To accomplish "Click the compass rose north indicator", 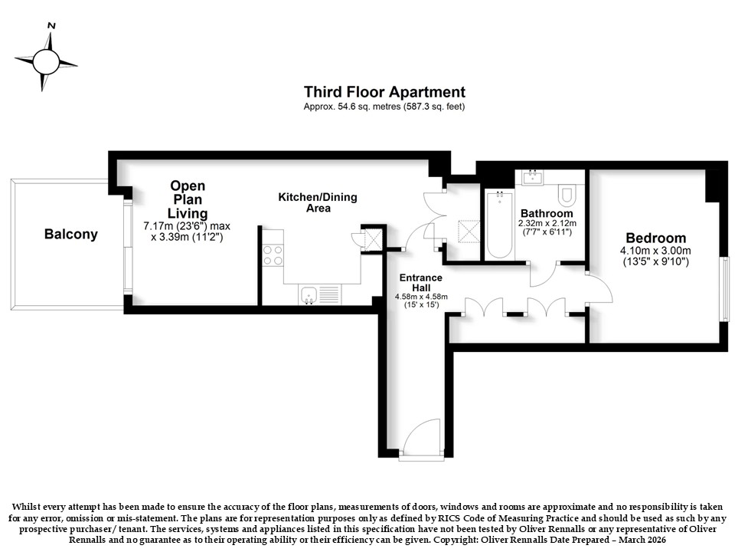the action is click(x=51, y=26).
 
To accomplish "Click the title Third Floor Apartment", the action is click(x=384, y=92).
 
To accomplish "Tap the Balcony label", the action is click(x=70, y=235).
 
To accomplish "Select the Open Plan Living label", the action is click(x=188, y=199).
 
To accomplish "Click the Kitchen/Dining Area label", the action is click(x=318, y=202).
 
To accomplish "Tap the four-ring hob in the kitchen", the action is click(x=273, y=255).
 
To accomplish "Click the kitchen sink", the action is click(x=308, y=294).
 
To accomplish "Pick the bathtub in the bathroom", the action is click(x=498, y=224).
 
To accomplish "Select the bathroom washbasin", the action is click(x=533, y=177).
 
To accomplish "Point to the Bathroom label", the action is click(x=547, y=214).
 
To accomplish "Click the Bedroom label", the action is click(x=656, y=238).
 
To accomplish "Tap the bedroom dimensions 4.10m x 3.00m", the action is click(x=656, y=251).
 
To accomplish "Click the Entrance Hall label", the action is click(x=421, y=283).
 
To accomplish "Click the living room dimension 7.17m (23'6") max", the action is click(x=187, y=226).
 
